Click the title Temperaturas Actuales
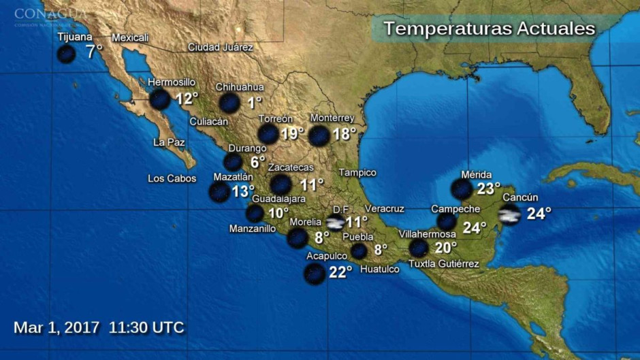click(x=489, y=29)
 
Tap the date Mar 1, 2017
click(x=57, y=327)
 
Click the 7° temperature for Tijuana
click(x=94, y=50)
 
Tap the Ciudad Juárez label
click(x=220, y=48)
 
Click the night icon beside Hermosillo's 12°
click(x=160, y=99)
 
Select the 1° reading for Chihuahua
click(x=255, y=103)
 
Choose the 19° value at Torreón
click(x=292, y=133)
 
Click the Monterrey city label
click(x=332, y=118)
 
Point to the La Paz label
click(x=169, y=142)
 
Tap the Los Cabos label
click(x=172, y=179)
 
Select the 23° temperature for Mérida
click(x=488, y=189)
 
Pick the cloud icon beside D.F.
click(x=335, y=223)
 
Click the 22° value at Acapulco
click(x=340, y=272)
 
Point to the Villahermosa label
click(x=427, y=234)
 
